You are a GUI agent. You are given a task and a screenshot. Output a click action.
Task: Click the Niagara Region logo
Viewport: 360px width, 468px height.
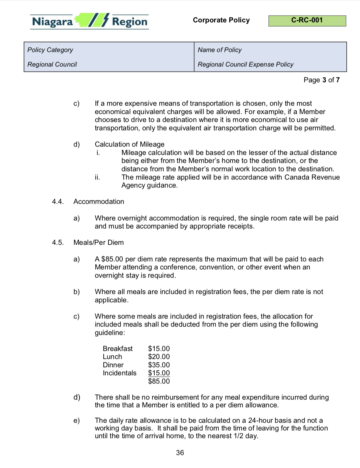[x=89, y=21]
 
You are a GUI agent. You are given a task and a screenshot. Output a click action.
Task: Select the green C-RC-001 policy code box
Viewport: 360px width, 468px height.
[x=307, y=21]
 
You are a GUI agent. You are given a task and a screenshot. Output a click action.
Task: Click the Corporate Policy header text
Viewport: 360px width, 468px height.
[x=221, y=20]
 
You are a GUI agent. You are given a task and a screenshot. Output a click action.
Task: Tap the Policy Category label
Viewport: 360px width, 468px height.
[x=50, y=50]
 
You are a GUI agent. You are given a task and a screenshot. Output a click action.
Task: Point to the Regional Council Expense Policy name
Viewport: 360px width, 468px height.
[x=245, y=64]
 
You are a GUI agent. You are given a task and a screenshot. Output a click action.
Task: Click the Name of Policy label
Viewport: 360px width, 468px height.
[x=220, y=50]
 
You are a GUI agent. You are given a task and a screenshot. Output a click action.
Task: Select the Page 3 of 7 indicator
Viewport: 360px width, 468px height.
[x=321, y=80]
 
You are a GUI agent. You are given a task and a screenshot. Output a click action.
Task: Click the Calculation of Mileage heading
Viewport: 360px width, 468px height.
[x=129, y=144]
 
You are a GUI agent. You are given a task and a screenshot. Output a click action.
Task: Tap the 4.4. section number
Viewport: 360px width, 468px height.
[x=58, y=202]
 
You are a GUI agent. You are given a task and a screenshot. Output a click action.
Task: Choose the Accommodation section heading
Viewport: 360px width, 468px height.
[x=99, y=202]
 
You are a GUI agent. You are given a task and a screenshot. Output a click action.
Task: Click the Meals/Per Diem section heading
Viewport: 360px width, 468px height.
[x=98, y=243]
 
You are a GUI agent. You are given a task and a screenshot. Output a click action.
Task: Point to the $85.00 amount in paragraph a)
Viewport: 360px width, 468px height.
[x=112, y=259]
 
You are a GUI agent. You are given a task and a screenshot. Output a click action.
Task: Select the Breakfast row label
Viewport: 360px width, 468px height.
[x=118, y=349]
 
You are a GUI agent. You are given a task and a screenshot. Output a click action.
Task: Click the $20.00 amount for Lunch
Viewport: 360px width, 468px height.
[x=159, y=357]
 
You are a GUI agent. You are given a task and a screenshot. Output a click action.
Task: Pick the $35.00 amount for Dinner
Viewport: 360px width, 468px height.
[x=159, y=365]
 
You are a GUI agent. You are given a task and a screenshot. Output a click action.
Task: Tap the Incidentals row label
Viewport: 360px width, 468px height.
[x=119, y=373]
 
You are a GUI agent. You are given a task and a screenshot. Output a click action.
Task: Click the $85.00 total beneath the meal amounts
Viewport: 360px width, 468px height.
[x=159, y=381]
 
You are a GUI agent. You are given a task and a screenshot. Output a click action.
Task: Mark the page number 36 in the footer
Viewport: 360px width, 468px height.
[x=180, y=453]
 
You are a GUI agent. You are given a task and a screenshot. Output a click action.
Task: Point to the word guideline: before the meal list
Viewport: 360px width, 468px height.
[x=110, y=333]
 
